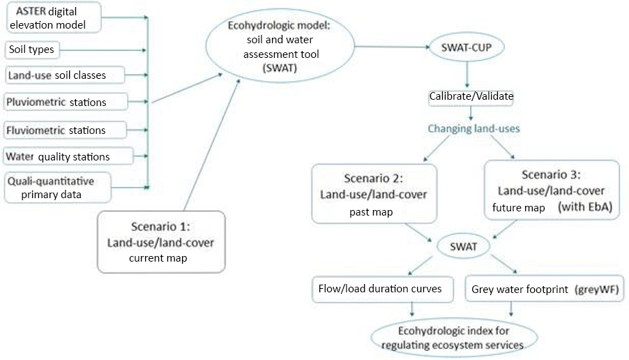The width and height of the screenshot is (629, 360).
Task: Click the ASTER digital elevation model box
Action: click(x=52, y=17)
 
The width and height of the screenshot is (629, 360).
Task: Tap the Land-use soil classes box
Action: click(x=65, y=75)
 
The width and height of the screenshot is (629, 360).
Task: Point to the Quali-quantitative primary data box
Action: click(x=57, y=186)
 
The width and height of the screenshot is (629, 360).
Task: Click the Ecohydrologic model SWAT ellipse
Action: click(x=280, y=48)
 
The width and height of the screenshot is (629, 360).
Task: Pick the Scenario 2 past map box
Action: click(x=374, y=193)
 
